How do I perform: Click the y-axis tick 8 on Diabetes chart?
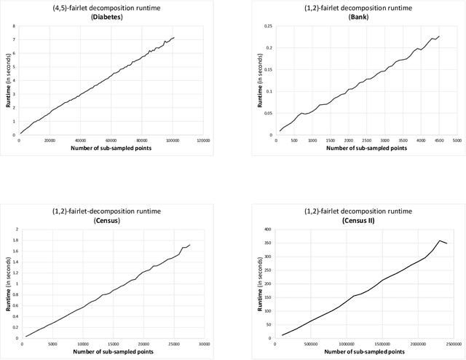pyautogui.click(x=14, y=26)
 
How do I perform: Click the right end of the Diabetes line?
pyautogui.click(x=174, y=37)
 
